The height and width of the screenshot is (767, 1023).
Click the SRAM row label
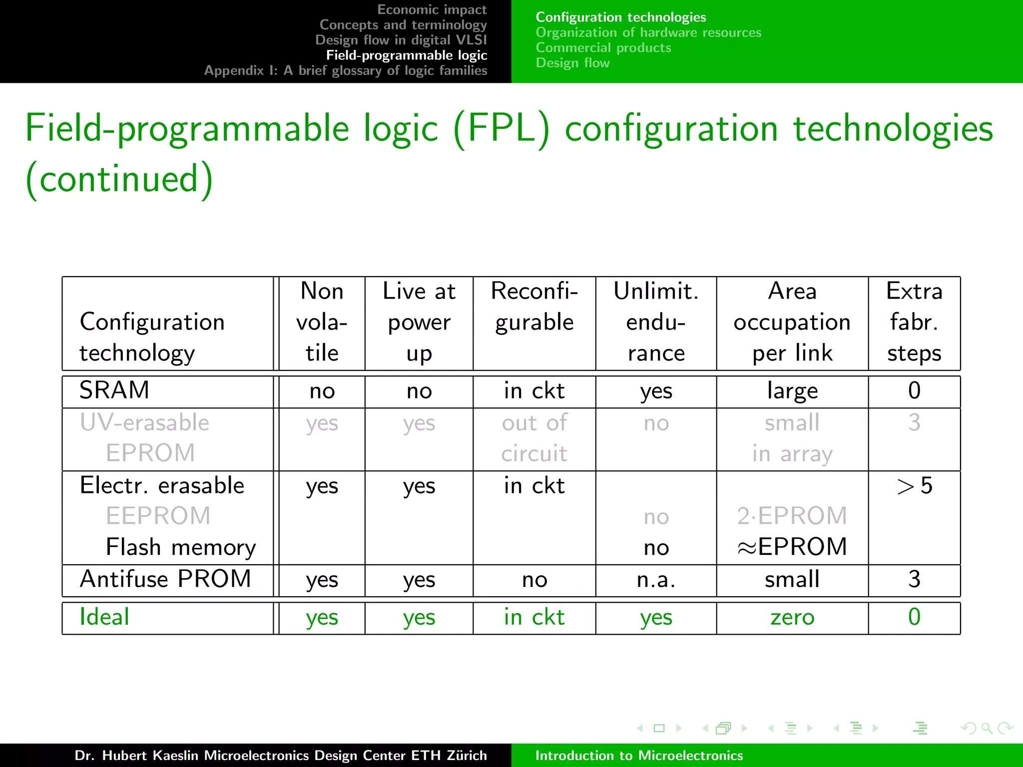(114, 390)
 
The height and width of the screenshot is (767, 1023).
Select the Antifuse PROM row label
(165, 579)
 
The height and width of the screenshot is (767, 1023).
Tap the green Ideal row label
(104, 617)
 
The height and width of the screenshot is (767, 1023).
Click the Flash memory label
(180, 547)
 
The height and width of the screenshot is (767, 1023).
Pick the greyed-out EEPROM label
(158, 516)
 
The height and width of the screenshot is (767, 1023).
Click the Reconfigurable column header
(534, 306)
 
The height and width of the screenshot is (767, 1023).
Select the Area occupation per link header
(792, 322)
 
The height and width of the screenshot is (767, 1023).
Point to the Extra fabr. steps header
(914, 322)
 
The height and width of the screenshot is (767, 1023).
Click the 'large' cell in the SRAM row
(792, 390)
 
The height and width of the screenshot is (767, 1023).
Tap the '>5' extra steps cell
(914, 485)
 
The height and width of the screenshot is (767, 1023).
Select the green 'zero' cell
(792, 617)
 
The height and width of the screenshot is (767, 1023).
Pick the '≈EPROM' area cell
(792, 547)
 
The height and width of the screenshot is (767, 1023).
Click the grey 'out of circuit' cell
(534, 438)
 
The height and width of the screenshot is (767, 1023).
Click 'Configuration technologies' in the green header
(621, 17)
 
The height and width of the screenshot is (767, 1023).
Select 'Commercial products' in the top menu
(603, 48)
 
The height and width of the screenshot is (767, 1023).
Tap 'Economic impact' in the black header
(432, 9)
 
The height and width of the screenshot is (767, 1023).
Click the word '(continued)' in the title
(119, 179)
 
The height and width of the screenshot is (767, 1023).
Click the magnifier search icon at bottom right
(987, 729)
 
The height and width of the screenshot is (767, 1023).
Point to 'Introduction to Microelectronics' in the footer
(639, 756)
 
